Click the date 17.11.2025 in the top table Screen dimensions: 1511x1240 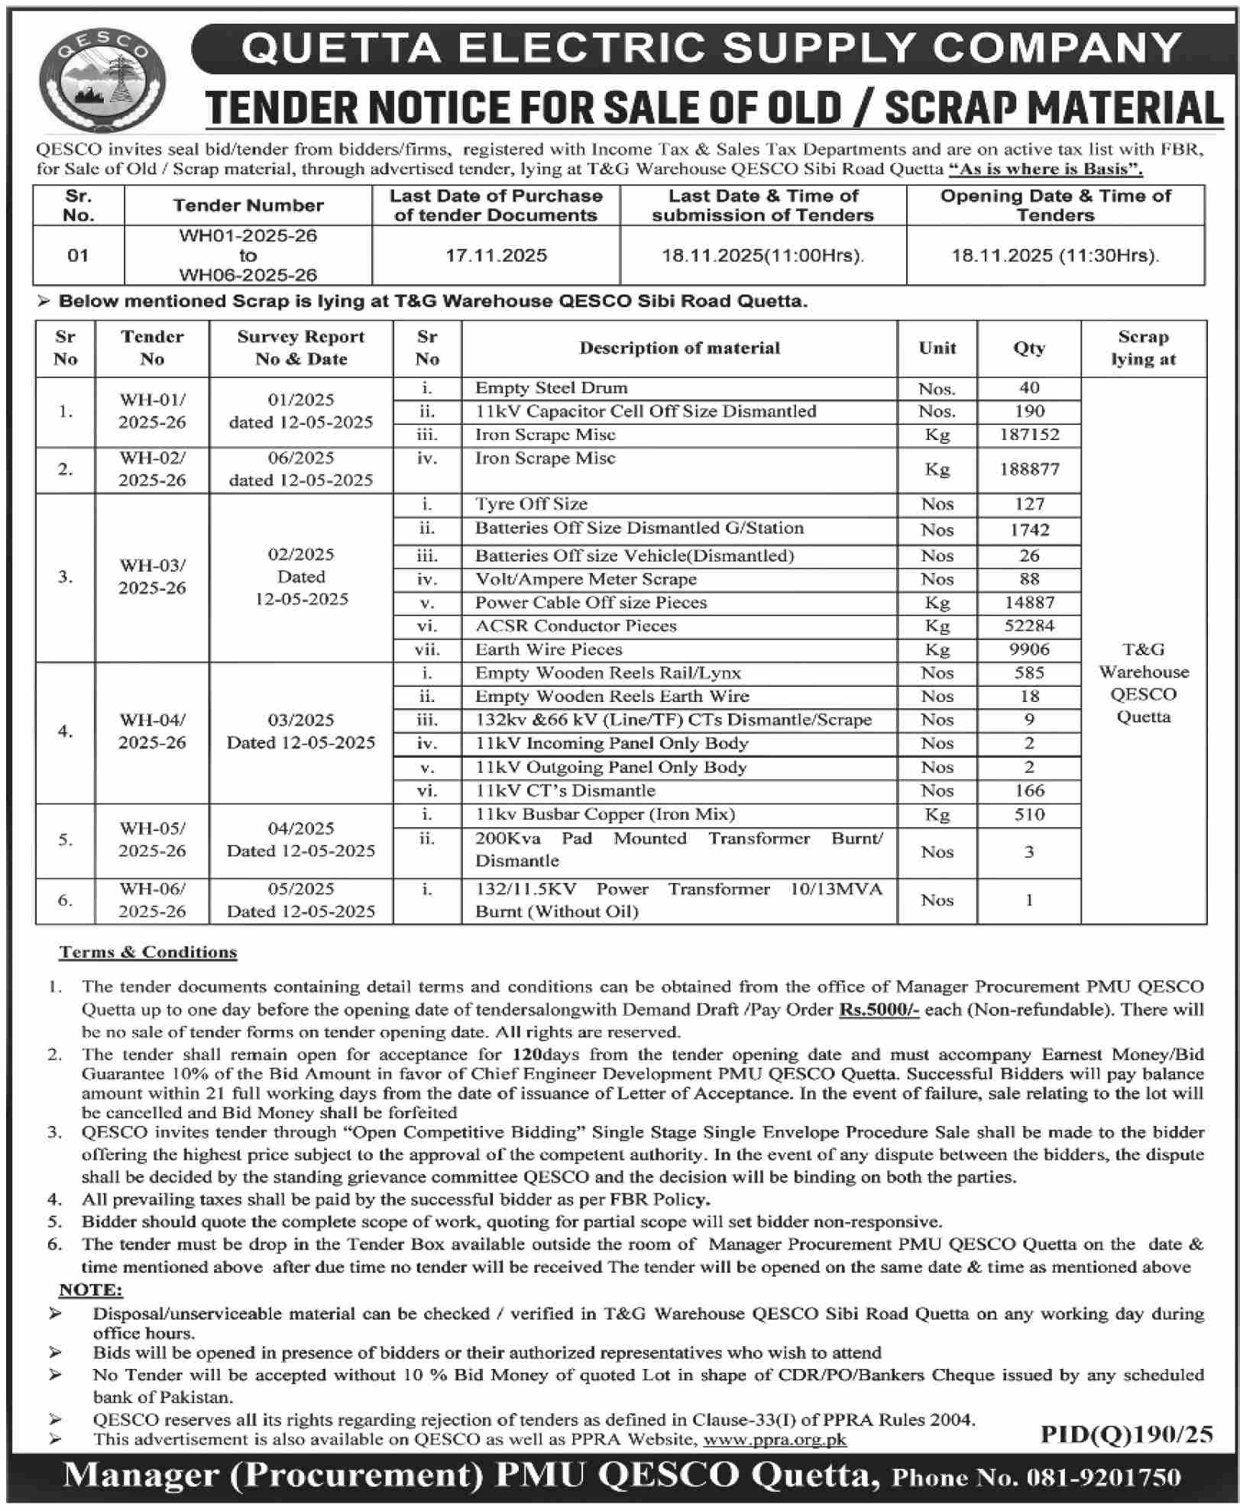[x=496, y=255]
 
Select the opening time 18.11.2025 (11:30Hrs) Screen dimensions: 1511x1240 [x=1055, y=255]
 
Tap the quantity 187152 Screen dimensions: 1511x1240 [x=1029, y=435]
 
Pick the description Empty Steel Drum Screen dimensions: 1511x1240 [x=551, y=387]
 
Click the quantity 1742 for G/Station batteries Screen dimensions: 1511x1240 [x=1029, y=529]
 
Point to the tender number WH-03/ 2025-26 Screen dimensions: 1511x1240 [x=152, y=577]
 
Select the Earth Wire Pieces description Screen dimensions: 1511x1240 [x=549, y=649]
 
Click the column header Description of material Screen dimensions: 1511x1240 [x=679, y=348]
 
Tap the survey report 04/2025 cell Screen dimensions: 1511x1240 [x=301, y=840]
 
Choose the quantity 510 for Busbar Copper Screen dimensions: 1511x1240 [x=1029, y=814]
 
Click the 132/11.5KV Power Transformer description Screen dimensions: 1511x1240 [x=678, y=900]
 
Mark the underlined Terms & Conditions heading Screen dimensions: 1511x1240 [x=148, y=952]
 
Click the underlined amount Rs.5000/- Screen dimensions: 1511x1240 [x=879, y=1009]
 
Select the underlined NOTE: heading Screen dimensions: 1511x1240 [x=90, y=1290]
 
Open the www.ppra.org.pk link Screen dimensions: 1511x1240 [x=775, y=1440]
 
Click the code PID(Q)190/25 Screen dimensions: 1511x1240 [x=1126, y=1434]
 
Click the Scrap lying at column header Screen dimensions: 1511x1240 [x=1143, y=348]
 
